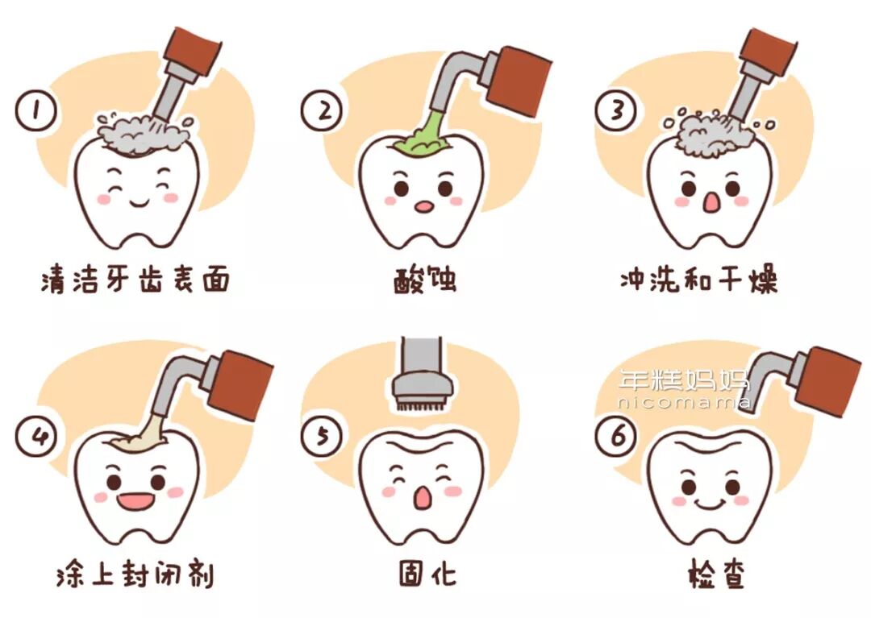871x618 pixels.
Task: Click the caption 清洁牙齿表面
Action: (x=135, y=280)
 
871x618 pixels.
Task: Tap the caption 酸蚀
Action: (x=426, y=280)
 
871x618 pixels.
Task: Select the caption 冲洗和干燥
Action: (x=698, y=280)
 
